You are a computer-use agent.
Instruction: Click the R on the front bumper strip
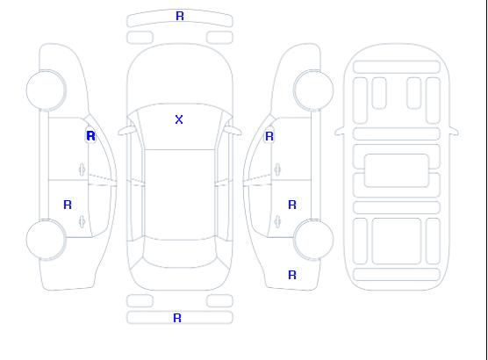[x=180, y=16]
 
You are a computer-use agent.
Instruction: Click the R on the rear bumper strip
[x=177, y=318]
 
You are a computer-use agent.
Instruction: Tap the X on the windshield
[x=179, y=119]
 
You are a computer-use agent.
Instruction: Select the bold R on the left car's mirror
[x=90, y=136]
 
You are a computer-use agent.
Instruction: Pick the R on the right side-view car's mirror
[x=269, y=136]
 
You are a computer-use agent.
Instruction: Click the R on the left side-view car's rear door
[x=68, y=205]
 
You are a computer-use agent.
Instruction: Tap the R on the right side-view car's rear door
[x=292, y=205]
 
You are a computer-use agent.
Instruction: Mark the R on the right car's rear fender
[x=292, y=275]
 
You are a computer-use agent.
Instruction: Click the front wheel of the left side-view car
[x=46, y=90]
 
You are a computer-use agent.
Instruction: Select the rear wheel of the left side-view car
[x=46, y=240]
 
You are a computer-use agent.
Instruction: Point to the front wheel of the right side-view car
[x=313, y=90]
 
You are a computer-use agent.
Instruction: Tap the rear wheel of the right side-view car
[x=313, y=240]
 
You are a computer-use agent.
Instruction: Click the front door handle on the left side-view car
[x=82, y=170]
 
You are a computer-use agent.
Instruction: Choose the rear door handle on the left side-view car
[x=82, y=221]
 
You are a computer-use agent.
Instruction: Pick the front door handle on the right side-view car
[x=277, y=170]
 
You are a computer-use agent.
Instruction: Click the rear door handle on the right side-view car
[x=277, y=221]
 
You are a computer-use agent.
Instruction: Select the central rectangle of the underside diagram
[x=397, y=170]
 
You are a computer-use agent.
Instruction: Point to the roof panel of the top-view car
[x=180, y=195]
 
